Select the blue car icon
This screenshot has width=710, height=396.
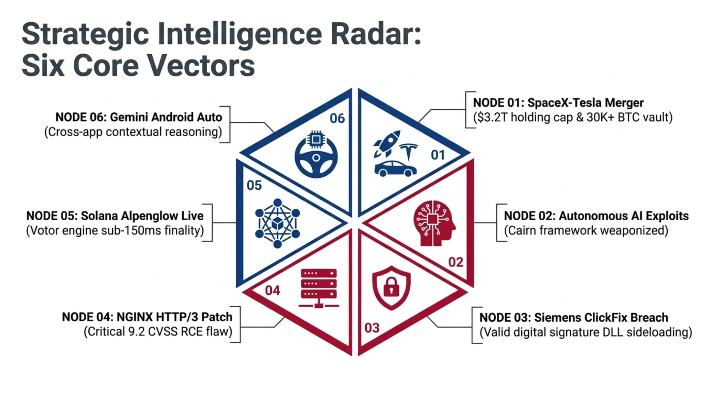coord(396,169)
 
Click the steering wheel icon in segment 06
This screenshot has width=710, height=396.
coord(316,154)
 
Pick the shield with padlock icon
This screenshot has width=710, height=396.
coord(391,288)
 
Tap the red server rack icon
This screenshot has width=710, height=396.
coord(319,288)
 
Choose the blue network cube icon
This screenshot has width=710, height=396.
coord(277,223)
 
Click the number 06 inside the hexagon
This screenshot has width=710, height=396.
coord(337,119)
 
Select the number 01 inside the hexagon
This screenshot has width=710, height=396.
coord(438,155)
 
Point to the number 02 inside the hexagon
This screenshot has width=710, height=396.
coord(456,262)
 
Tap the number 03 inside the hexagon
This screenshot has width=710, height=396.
coord(372,328)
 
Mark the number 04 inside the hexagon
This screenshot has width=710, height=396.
coord(272,290)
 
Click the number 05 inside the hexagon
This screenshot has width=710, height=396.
coord(254,186)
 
